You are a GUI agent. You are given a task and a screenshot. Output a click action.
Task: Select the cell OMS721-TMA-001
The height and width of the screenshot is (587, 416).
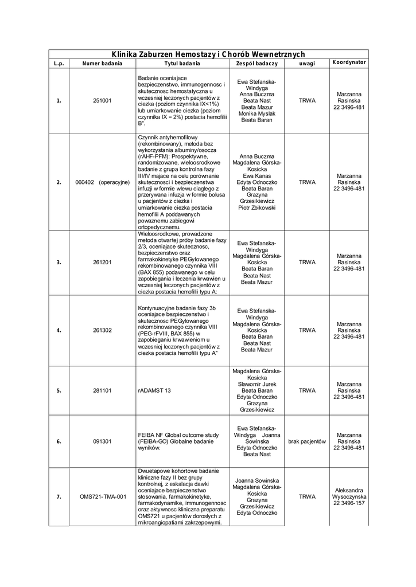pos(103,497)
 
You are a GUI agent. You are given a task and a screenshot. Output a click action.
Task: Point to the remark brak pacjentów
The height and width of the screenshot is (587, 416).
pos(307,441)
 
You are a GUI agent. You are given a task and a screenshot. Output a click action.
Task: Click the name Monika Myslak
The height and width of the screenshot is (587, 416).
pos(257,114)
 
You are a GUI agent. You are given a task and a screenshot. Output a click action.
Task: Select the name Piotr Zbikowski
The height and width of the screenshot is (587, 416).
pos(257,208)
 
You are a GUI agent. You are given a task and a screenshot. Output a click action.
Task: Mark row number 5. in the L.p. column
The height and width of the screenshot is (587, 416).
pos(59,390)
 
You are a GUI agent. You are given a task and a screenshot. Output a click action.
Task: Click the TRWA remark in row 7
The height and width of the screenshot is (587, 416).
pos(307,497)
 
